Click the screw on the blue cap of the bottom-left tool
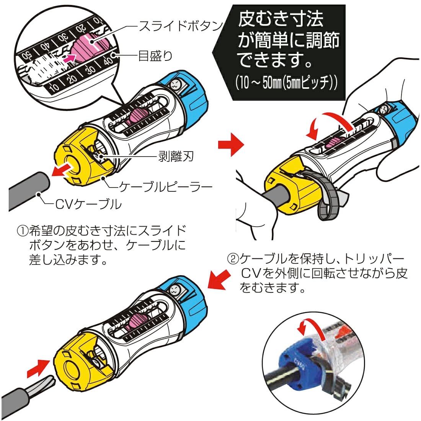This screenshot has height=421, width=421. pos(175,289)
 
